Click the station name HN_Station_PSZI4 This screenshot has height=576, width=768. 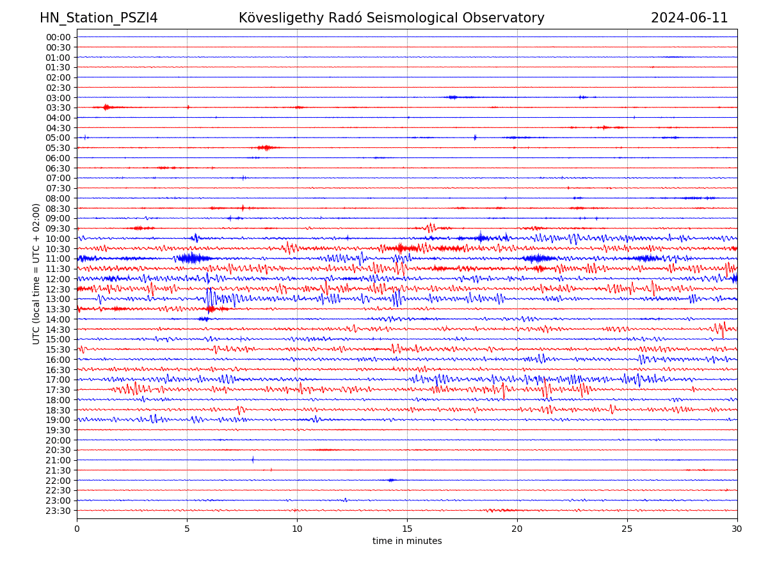[x=99, y=19]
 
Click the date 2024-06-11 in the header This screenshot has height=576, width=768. [x=689, y=19]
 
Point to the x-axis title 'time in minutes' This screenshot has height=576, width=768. [x=407, y=541]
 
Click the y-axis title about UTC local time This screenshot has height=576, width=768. [x=36, y=273]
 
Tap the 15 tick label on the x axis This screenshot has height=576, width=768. [x=407, y=529]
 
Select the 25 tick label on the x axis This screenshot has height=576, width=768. [x=627, y=529]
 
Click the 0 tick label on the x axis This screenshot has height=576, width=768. [x=77, y=529]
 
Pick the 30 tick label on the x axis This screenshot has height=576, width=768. [x=737, y=529]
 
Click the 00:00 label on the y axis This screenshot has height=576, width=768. [x=58, y=37]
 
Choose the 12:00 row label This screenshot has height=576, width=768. [x=58, y=279]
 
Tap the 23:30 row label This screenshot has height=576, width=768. [x=58, y=511]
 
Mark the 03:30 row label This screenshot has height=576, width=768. [x=58, y=108]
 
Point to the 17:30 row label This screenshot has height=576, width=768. [x=58, y=390]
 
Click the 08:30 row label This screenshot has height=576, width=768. [x=58, y=209]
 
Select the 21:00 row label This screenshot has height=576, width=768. [x=58, y=460]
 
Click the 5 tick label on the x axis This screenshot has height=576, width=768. [x=187, y=529]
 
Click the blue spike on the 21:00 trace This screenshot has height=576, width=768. [x=253, y=460]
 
